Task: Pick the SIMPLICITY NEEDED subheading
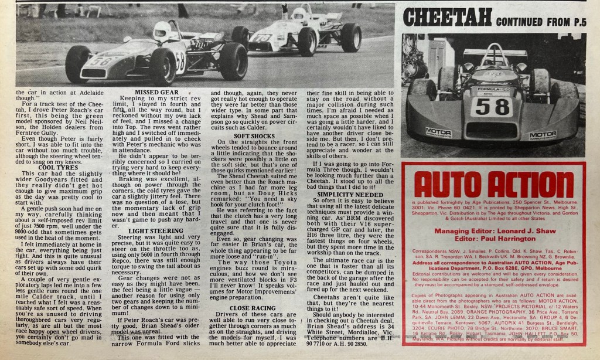tap(350, 194)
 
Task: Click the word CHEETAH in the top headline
tap(446, 18)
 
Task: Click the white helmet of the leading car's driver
tap(161, 30)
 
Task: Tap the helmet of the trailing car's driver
tap(299, 13)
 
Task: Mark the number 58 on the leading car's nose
tap(101, 61)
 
